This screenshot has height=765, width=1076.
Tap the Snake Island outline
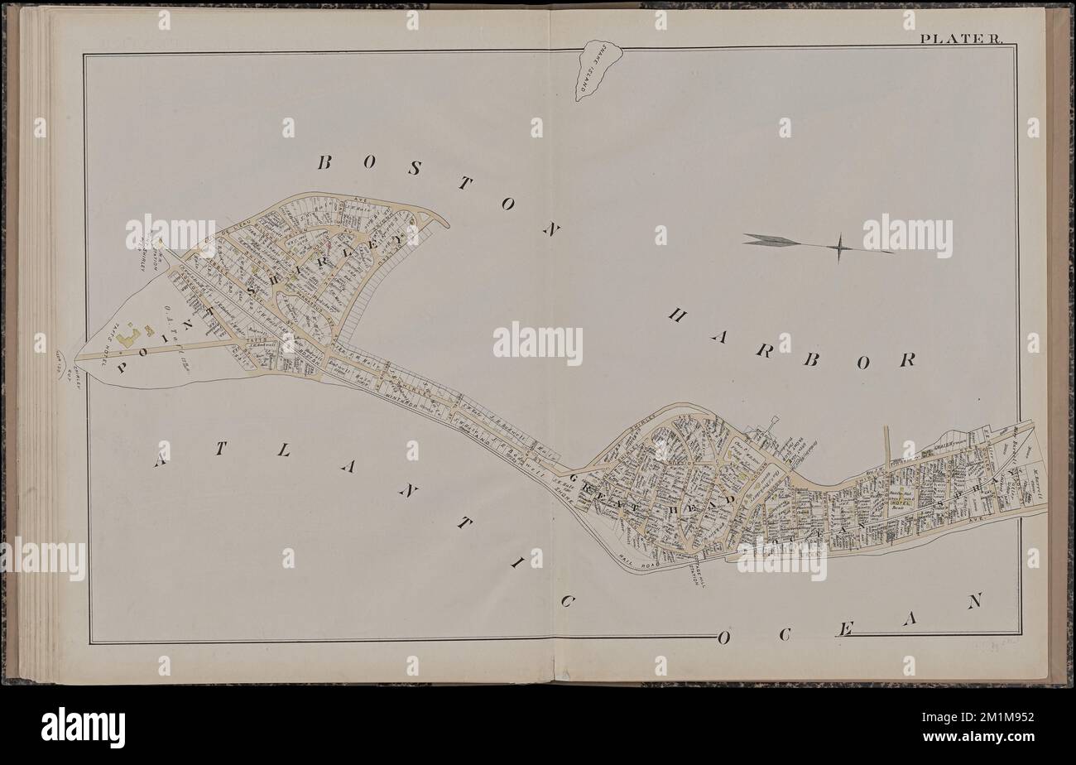(x=598, y=70)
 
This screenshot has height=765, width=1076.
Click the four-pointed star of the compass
(x=838, y=247)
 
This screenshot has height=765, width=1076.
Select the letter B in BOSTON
(x=324, y=162)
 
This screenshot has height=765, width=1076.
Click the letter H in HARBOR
(x=677, y=315)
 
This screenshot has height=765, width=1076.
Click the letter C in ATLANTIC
(x=567, y=602)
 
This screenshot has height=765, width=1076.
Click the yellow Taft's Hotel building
(x=129, y=339)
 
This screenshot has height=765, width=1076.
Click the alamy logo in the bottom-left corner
(x=83, y=728)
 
